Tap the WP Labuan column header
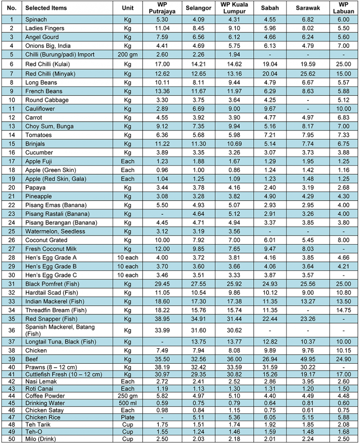(343, 8)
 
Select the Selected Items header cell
(46, 8)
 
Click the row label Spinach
(36, 19)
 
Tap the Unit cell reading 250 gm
(128, 396)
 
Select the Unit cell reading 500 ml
(128, 403)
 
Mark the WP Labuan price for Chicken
(343, 350)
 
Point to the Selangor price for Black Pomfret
(198, 284)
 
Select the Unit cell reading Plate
(128, 417)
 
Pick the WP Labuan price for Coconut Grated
(343, 240)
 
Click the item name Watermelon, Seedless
(55, 231)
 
